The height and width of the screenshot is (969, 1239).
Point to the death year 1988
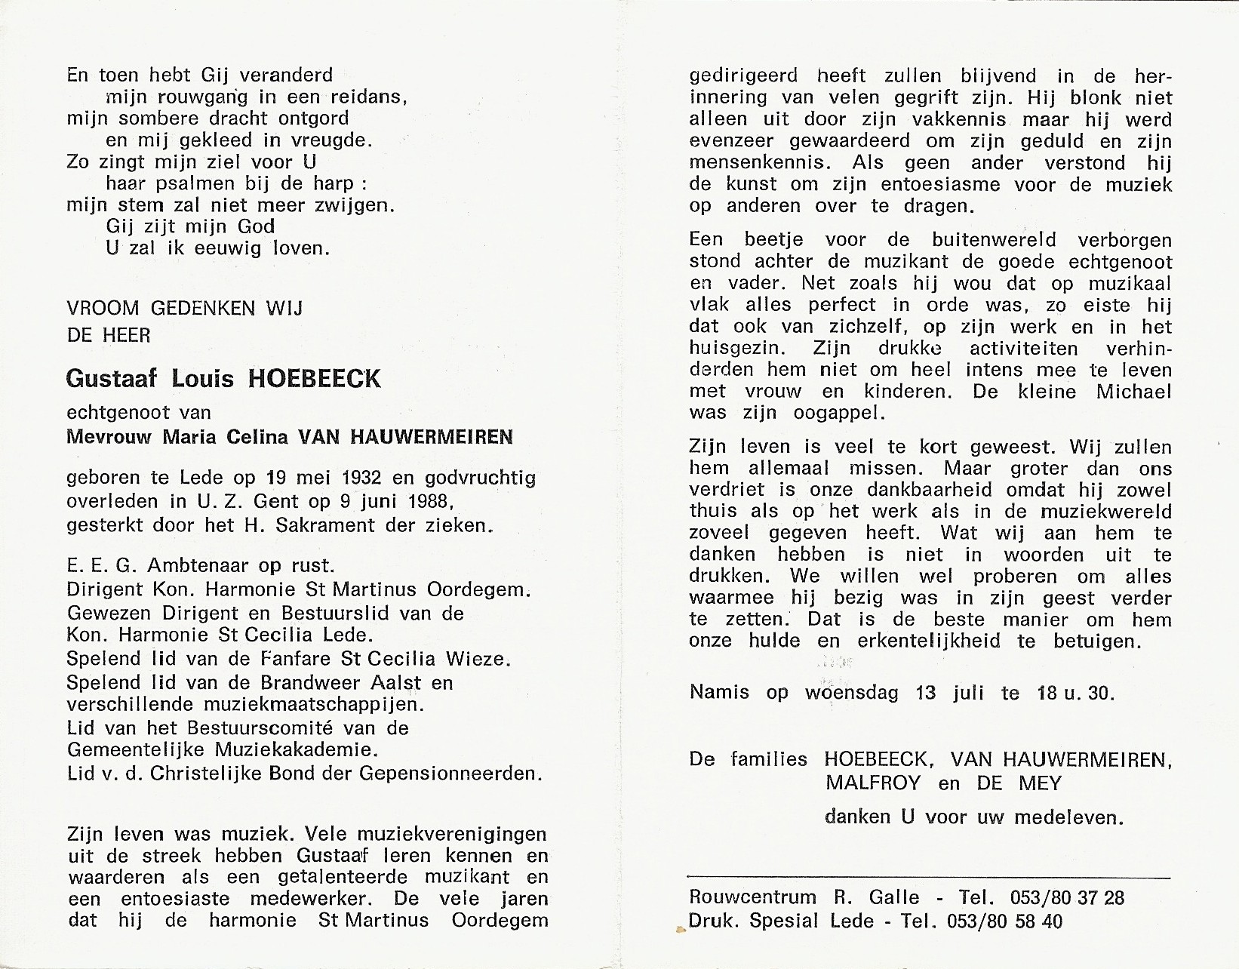[424, 501]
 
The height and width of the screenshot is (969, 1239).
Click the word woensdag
[852, 692]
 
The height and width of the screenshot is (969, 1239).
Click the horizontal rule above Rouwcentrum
[928, 878]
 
